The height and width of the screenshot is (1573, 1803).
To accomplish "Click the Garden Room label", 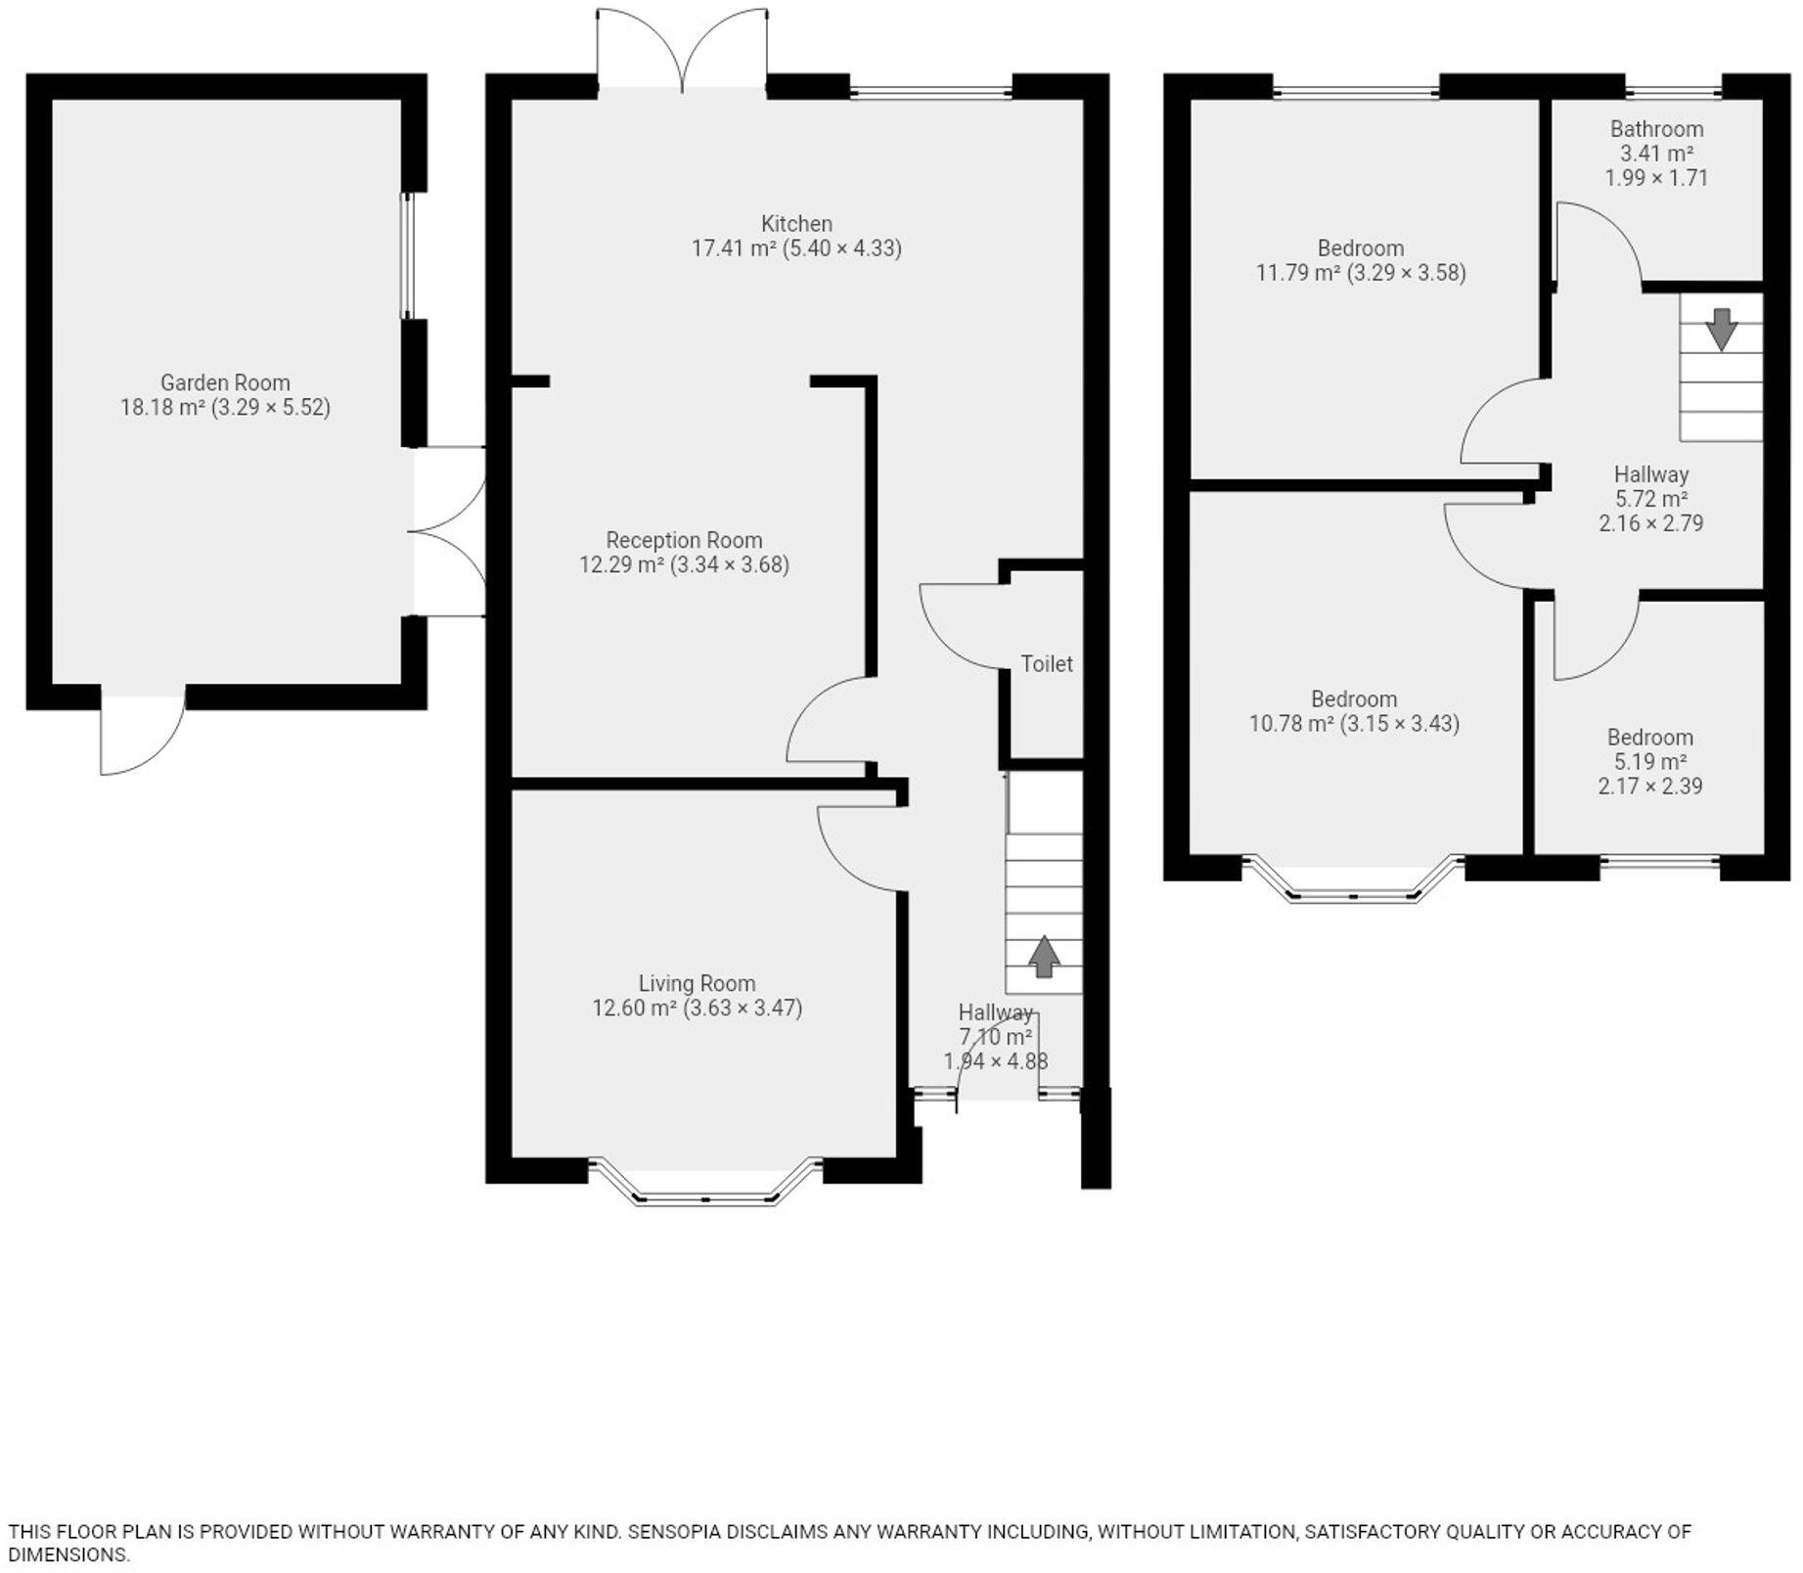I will tap(225, 382).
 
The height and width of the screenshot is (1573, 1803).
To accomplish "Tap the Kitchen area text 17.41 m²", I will tap(733, 248).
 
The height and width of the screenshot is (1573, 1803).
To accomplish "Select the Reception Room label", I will tap(684, 540).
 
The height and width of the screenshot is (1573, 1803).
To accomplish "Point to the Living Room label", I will tap(697, 983).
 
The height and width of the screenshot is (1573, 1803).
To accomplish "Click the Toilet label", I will tap(1047, 664).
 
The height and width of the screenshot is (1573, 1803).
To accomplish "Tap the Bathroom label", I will tap(1656, 129).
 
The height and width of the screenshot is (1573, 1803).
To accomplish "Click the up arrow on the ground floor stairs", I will tap(1044, 956).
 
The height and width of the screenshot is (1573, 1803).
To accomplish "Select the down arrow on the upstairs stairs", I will tap(1721, 330).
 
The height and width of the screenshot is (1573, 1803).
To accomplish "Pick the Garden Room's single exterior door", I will tap(142, 734).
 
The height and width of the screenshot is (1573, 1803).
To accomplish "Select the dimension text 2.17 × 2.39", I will tap(1649, 786).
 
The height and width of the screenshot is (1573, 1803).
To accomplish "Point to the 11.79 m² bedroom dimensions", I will tap(1406, 273).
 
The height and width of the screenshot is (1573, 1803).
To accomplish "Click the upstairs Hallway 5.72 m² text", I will tap(1650, 499).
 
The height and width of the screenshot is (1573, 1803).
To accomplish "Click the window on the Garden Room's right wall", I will tap(409, 256).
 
